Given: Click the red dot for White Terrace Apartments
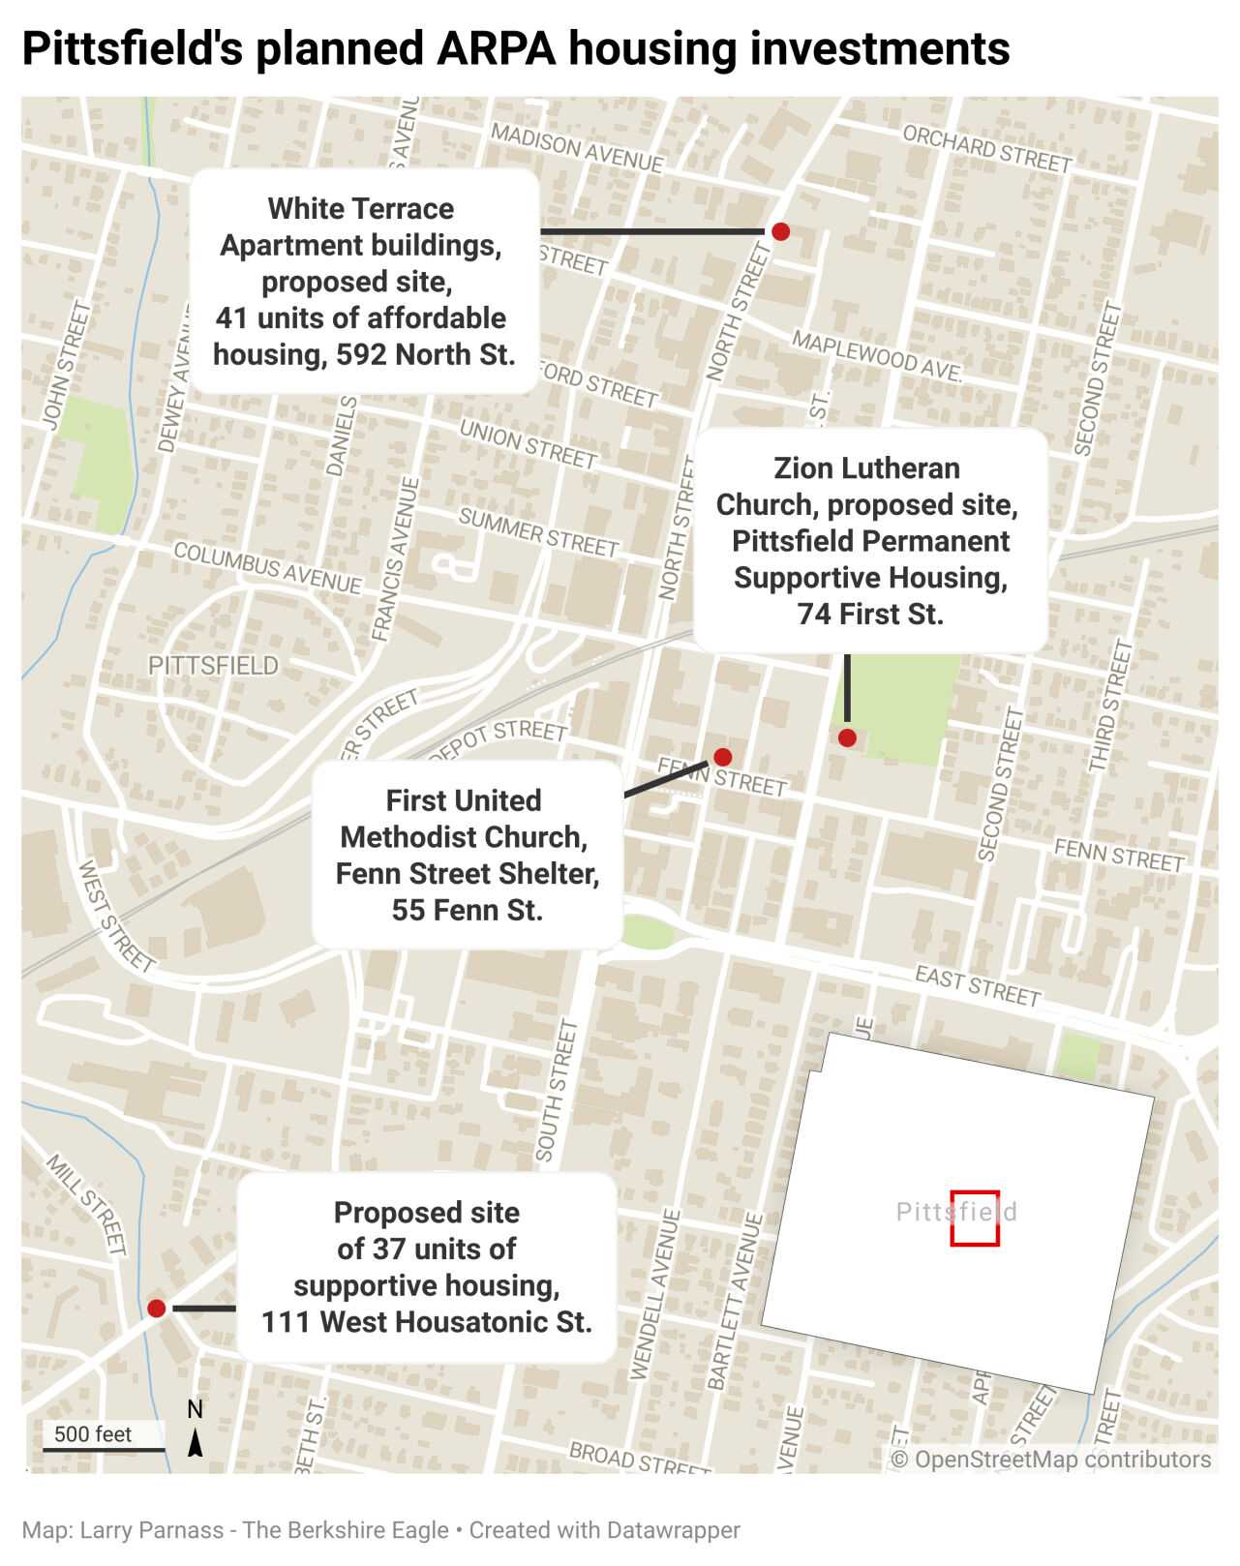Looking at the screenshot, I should point(780,231).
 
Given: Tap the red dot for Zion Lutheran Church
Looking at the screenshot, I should point(847,738).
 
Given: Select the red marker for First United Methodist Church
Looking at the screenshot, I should point(722,757).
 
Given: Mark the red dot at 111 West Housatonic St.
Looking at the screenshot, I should point(156,1309).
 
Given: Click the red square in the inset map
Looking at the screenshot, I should point(974,1218).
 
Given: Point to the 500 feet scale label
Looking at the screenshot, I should point(93,1434).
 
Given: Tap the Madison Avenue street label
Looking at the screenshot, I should point(577,147).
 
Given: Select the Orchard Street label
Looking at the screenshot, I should point(987,148).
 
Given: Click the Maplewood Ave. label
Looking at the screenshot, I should point(877,355).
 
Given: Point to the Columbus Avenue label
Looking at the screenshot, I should point(267,567).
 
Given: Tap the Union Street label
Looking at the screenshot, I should point(528,443).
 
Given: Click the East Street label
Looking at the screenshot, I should point(978,985).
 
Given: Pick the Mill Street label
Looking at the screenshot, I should point(87,1204).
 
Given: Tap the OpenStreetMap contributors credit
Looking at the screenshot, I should point(1050,1460).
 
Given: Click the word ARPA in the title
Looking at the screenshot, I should point(496,48).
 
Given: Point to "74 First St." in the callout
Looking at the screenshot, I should point(870,614).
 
